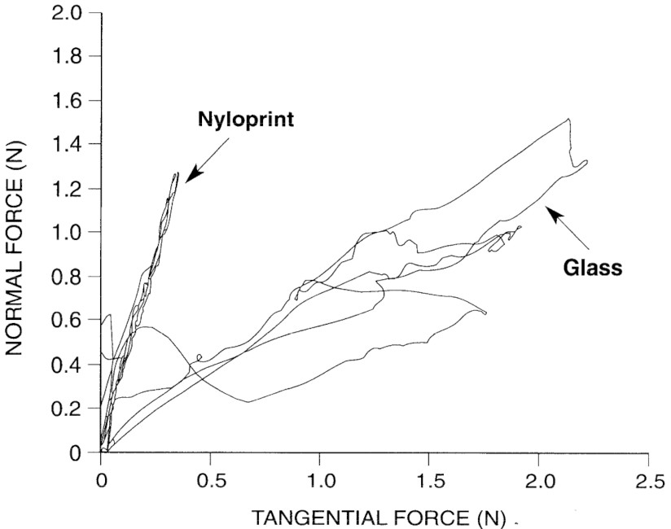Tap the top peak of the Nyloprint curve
pyautogui.click(x=176, y=173)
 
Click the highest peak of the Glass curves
pyautogui.click(x=568, y=120)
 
